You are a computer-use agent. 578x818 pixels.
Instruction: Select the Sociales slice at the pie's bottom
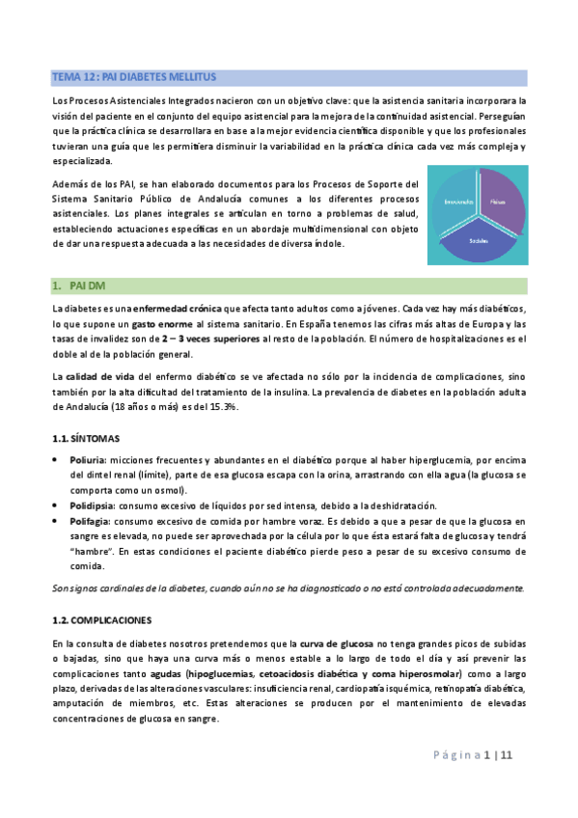coord(476,239)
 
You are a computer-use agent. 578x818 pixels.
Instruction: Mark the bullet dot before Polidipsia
coord(59,505)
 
